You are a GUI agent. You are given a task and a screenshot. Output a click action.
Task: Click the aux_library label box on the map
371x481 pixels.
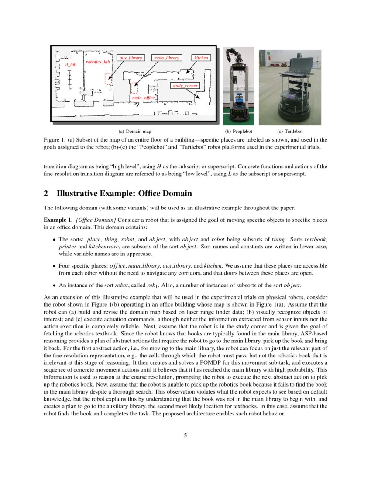tap(131, 58)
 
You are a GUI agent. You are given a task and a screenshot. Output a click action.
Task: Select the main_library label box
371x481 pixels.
tap(166, 58)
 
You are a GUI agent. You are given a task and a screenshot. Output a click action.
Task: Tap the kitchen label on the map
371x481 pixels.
tap(201, 58)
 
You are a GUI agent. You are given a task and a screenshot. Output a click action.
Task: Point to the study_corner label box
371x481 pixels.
tap(185, 86)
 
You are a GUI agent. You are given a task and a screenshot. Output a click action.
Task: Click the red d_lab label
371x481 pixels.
tap(70, 65)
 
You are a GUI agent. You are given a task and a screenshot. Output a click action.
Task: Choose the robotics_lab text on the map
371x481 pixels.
tap(98, 62)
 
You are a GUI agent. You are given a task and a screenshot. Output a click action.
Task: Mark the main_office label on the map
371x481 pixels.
tap(143, 98)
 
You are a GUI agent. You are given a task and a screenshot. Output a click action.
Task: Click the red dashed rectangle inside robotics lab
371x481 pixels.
tap(108, 79)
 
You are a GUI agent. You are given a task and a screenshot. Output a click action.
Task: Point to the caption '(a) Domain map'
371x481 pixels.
tap(135, 131)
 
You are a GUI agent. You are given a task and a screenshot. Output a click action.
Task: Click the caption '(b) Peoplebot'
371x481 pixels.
tap(238, 131)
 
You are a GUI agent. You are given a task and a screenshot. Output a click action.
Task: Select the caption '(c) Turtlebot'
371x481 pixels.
tap(290, 131)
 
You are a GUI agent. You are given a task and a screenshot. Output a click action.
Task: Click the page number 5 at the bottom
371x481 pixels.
tap(185, 436)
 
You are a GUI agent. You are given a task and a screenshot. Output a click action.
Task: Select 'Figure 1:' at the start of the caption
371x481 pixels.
tap(55, 139)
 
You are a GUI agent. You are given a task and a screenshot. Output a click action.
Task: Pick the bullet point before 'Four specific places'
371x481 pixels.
tap(54, 266)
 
